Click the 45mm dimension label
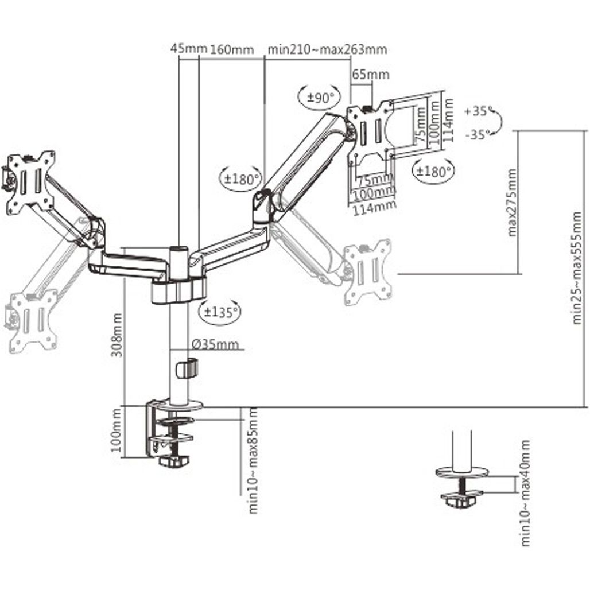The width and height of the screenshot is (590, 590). [188, 49]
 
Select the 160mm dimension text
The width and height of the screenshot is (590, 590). [231, 49]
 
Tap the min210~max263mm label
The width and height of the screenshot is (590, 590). [327, 49]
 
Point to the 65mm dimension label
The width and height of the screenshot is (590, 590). [371, 74]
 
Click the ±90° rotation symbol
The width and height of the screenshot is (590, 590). [320, 97]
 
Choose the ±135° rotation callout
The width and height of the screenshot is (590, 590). [219, 312]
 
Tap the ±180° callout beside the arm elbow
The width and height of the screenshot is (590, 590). [240, 178]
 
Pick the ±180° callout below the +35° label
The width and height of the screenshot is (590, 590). [433, 170]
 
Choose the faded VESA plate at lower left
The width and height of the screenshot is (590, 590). [33, 319]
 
